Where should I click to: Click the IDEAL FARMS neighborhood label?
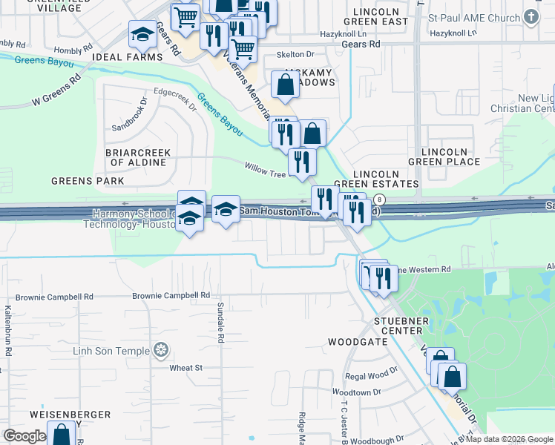pyautogui.click(x=127, y=57)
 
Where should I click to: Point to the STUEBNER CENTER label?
pyautogui.click(x=401, y=328)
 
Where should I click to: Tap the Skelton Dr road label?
pyautogui.click(x=295, y=55)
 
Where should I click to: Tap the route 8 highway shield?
pyautogui.click(x=379, y=200)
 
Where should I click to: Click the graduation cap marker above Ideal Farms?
pyautogui.click(x=142, y=34)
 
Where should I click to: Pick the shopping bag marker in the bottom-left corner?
pyautogui.click(x=61, y=435)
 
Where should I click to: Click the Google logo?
pyautogui.click(x=25, y=435)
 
